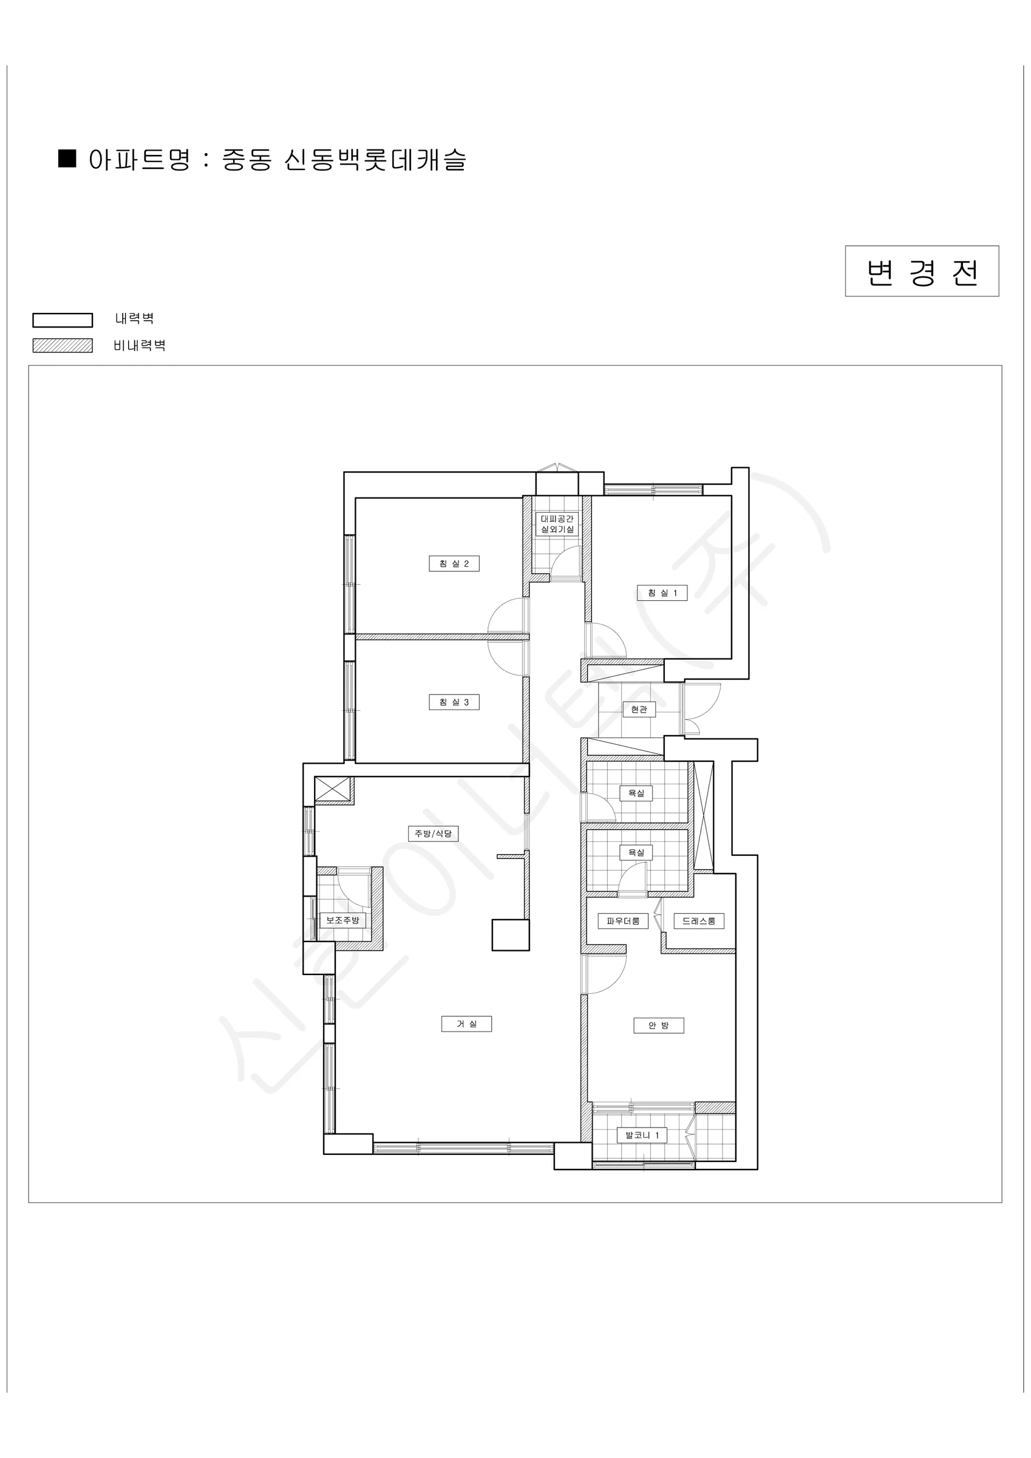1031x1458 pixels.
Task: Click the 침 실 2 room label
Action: [454, 563]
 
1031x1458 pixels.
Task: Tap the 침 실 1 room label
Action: [662, 592]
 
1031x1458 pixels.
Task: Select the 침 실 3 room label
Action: [454, 702]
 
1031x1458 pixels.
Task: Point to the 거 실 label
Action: [466, 1023]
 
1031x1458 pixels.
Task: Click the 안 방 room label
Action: [659, 1025]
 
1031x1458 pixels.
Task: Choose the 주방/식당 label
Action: [433, 833]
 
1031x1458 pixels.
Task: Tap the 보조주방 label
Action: [343, 920]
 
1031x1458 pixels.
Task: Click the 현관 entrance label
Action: [639, 709]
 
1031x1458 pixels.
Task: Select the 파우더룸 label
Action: [623, 921]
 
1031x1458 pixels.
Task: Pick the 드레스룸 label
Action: [699, 921]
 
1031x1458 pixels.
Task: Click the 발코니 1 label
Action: [642, 1134]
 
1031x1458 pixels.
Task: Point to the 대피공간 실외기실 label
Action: [557, 524]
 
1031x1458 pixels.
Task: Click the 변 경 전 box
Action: [922, 271]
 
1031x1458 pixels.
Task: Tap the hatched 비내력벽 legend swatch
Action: [62, 346]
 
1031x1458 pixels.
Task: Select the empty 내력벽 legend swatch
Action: [62, 320]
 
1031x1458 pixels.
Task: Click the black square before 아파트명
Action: [67, 158]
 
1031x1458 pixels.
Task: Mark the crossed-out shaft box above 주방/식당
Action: [332, 789]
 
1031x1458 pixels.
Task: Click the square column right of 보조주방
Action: [511, 936]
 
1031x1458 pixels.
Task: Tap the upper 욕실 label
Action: [636, 793]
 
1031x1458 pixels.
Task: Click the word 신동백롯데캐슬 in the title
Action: [375, 159]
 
